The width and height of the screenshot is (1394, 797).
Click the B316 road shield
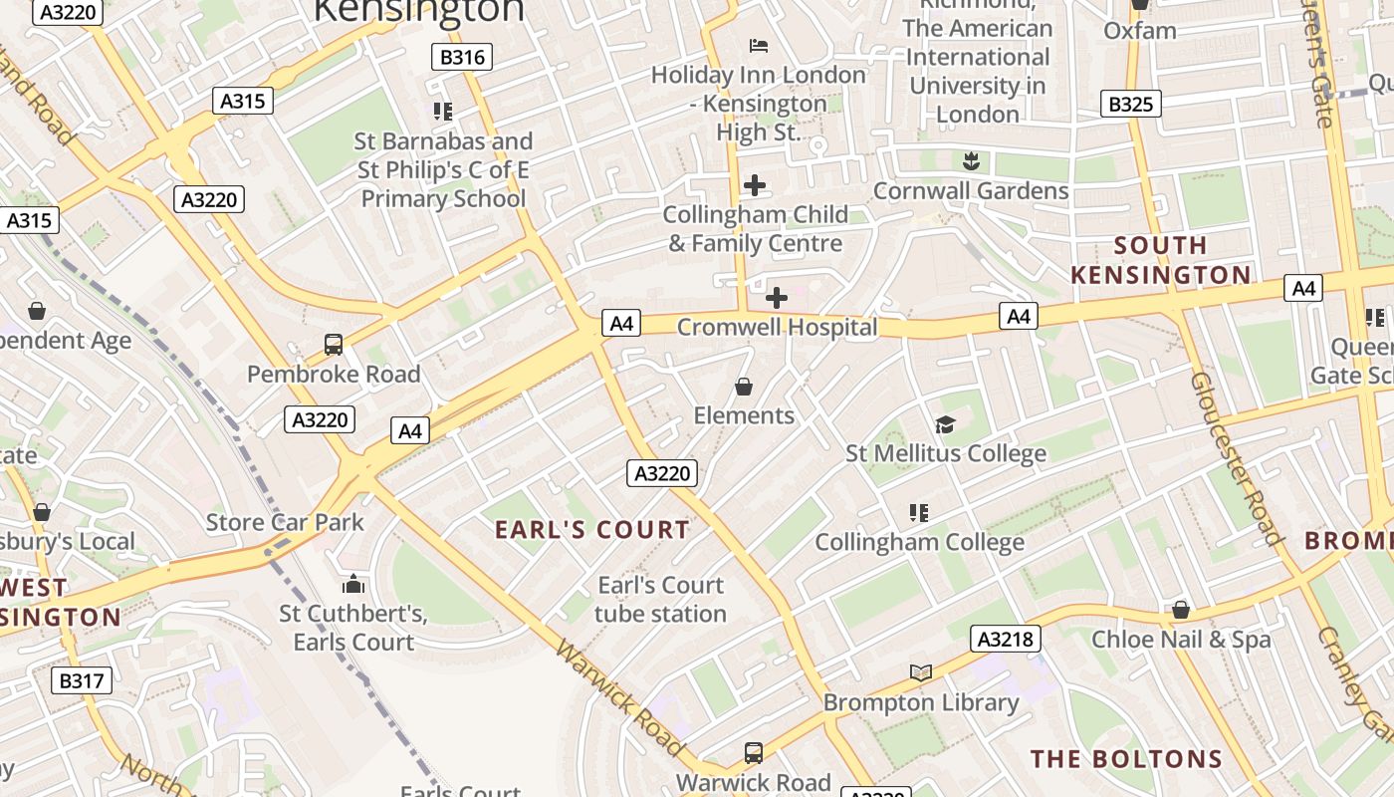coord(462,57)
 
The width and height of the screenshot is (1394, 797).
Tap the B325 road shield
coord(1131,104)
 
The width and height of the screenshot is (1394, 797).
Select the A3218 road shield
coord(1006,639)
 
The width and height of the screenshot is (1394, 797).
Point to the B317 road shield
coord(82,680)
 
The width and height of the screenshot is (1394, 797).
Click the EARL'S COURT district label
coord(592,530)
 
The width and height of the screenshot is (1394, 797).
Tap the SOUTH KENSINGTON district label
coord(1161,260)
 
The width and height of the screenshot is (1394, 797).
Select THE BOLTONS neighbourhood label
coord(1126,759)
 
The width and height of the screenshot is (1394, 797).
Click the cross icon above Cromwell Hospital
coord(777,298)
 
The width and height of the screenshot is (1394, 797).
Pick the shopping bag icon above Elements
coord(743,387)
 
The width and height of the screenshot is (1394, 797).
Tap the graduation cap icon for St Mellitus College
coord(945,425)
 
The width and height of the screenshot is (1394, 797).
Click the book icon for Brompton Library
coord(921,673)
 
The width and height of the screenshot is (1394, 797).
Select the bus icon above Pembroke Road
coord(334,345)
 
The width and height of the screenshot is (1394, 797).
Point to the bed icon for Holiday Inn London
coord(759,46)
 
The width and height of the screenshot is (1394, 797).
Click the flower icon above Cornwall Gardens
coord(970,161)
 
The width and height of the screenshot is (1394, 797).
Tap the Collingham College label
coord(919,542)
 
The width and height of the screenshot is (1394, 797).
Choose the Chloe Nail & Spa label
coord(1181,639)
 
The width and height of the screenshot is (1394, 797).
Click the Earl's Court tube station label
coord(660,599)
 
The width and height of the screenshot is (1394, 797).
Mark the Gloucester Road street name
coord(1235,458)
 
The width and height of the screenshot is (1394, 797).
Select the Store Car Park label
coord(285,522)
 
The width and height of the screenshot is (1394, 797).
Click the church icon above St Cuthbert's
coord(353,584)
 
